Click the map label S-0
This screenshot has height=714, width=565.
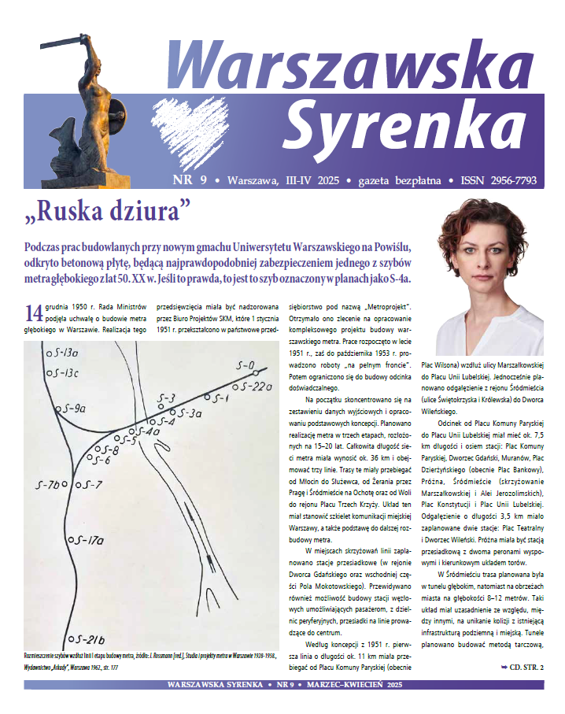tap(246, 366)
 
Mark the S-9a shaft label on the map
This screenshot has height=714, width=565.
tap(72, 409)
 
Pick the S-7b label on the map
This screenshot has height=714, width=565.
tap(47, 485)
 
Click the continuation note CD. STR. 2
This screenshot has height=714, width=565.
tap(521, 668)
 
